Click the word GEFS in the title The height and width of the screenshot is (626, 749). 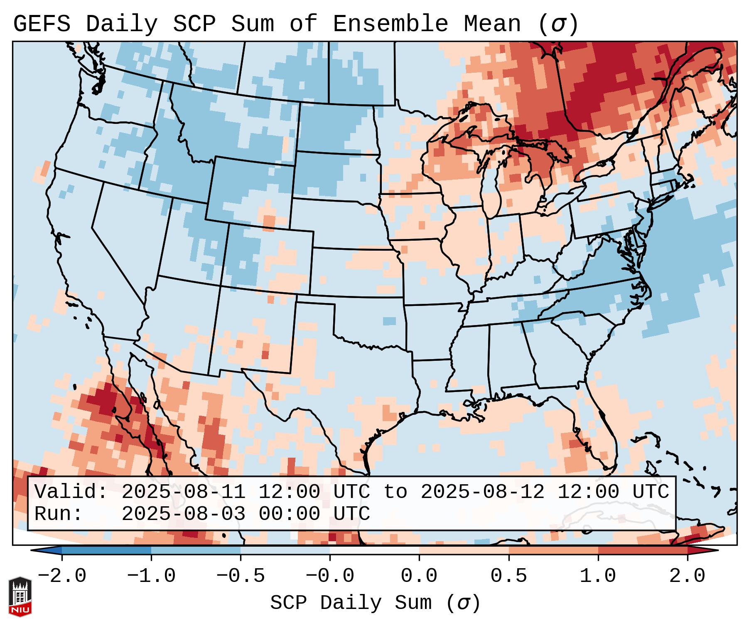click(x=42, y=24)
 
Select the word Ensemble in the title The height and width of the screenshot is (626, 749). click(x=390, y=24)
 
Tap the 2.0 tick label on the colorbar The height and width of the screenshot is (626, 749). click(x=687, y=576)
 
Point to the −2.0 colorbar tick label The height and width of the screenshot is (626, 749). click(x=62, y=576)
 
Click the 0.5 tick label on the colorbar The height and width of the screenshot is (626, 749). click(x=508, y=576)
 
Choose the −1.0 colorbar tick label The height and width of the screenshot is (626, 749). click(x=151, y=576)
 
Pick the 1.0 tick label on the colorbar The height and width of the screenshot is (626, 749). click(x=598, y=576)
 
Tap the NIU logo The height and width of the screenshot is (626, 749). click(x=20, y=596)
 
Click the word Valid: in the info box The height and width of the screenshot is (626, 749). click(x=71, y=492)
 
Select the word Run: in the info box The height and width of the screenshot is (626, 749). click(x=58, y=514)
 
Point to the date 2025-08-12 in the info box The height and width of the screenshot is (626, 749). click(x=482, y=492)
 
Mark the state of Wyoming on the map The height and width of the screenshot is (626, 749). click(x=249, y=189)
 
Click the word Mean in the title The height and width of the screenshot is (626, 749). click(x=492, y=24)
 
